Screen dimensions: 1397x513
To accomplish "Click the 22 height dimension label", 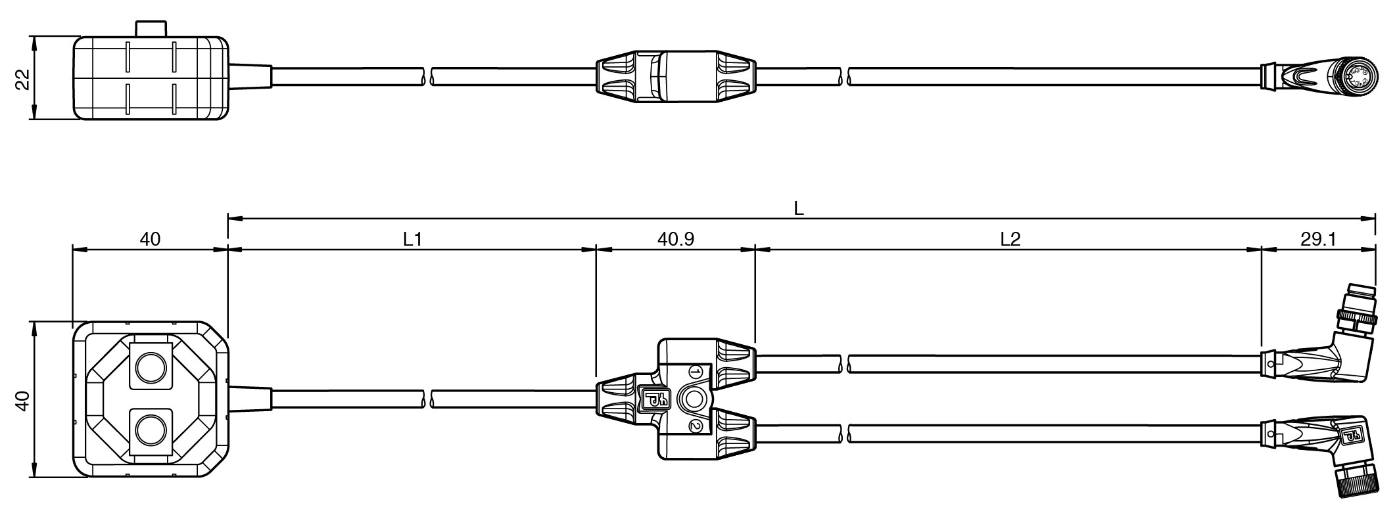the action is (22, 79).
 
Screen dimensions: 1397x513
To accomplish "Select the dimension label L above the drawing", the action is (799, 208).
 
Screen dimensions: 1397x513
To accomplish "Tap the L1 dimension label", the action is (412, 239).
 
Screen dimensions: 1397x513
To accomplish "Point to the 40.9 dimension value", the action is (676, 239).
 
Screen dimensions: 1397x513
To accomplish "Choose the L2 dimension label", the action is (1010, 239).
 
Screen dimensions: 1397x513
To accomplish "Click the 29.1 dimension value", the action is (1318, 239).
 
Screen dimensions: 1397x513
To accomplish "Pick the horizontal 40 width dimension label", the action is (150, 239).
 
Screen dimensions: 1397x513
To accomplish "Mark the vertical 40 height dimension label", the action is (22, 400).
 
